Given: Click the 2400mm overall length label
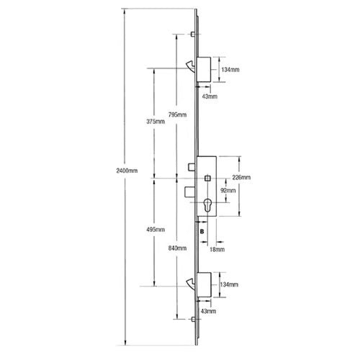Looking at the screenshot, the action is (x=127, y=171).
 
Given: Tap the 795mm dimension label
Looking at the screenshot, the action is (x=177, y=114).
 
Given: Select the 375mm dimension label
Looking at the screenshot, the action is (x=156, y=122).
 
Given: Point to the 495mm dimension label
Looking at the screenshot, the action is (x=156, y=230).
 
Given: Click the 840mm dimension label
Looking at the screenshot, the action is (x=177, y=248).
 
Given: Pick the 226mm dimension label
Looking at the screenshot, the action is (x=241, y=177).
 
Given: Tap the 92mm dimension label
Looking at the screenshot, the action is (x=228, y=191).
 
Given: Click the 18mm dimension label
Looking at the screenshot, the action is (x=217, y=250).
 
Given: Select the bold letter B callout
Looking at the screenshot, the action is (x=202, y=232).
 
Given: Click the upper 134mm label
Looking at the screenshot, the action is (x=230, y=70).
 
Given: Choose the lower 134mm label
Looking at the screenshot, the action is (x=229, y=284).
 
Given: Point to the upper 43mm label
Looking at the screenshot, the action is (x=210, y=96).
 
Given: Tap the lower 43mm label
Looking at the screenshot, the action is (x=208, y=311).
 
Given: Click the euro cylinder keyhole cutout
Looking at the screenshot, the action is (x=207, y=205).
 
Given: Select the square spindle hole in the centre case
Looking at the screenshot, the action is (x=207, y=179).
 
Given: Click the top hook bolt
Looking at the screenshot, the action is (x=191, y=66).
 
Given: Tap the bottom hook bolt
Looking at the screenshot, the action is (x=192, y=284).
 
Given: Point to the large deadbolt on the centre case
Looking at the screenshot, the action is (x=191, y=192).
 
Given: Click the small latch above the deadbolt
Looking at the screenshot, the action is (x=192, y=167).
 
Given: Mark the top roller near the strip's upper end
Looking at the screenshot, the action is (x=193, y=34).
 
